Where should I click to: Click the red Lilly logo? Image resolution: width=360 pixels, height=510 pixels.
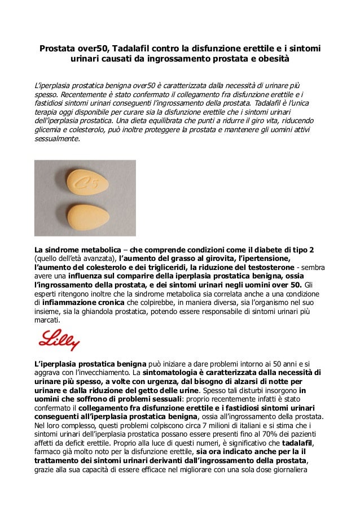pyautogui.click(x=59, y=340)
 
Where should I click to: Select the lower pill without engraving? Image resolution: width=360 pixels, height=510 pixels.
pyautogui.click(x=85, y=215)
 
